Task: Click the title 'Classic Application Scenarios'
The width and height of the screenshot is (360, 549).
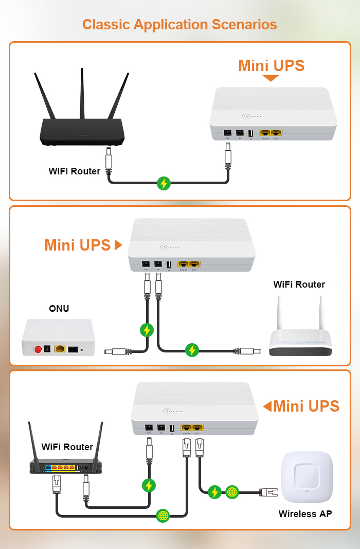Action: [x=179, y=24]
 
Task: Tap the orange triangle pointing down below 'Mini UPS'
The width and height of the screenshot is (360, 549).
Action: [x=271, y=78]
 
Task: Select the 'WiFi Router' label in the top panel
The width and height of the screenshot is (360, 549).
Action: [x=75, y=171]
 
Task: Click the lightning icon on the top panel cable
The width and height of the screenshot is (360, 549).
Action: [x=164, y=183]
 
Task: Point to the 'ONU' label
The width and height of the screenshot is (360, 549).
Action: [x=59, y=309]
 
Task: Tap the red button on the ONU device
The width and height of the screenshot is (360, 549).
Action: [x=38, y=350]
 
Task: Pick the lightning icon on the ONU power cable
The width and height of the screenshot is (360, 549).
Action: [x=147, y=330]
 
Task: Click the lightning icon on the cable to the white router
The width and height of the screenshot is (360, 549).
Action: [x=192, y=350]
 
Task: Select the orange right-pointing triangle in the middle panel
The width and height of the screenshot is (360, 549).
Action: [x=118, y=245]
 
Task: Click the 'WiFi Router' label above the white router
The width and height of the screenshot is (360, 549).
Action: [x=299, y=285]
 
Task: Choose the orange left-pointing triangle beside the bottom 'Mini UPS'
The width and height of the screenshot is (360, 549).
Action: [x=267, y=406]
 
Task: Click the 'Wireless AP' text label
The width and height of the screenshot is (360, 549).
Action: [x=305, y=513]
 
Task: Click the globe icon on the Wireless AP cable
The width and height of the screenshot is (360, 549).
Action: [x=232, y=492]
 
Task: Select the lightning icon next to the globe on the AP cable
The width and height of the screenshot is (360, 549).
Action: [x=215, y=492]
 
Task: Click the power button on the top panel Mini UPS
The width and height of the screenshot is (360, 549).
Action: [x=246, y=117]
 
